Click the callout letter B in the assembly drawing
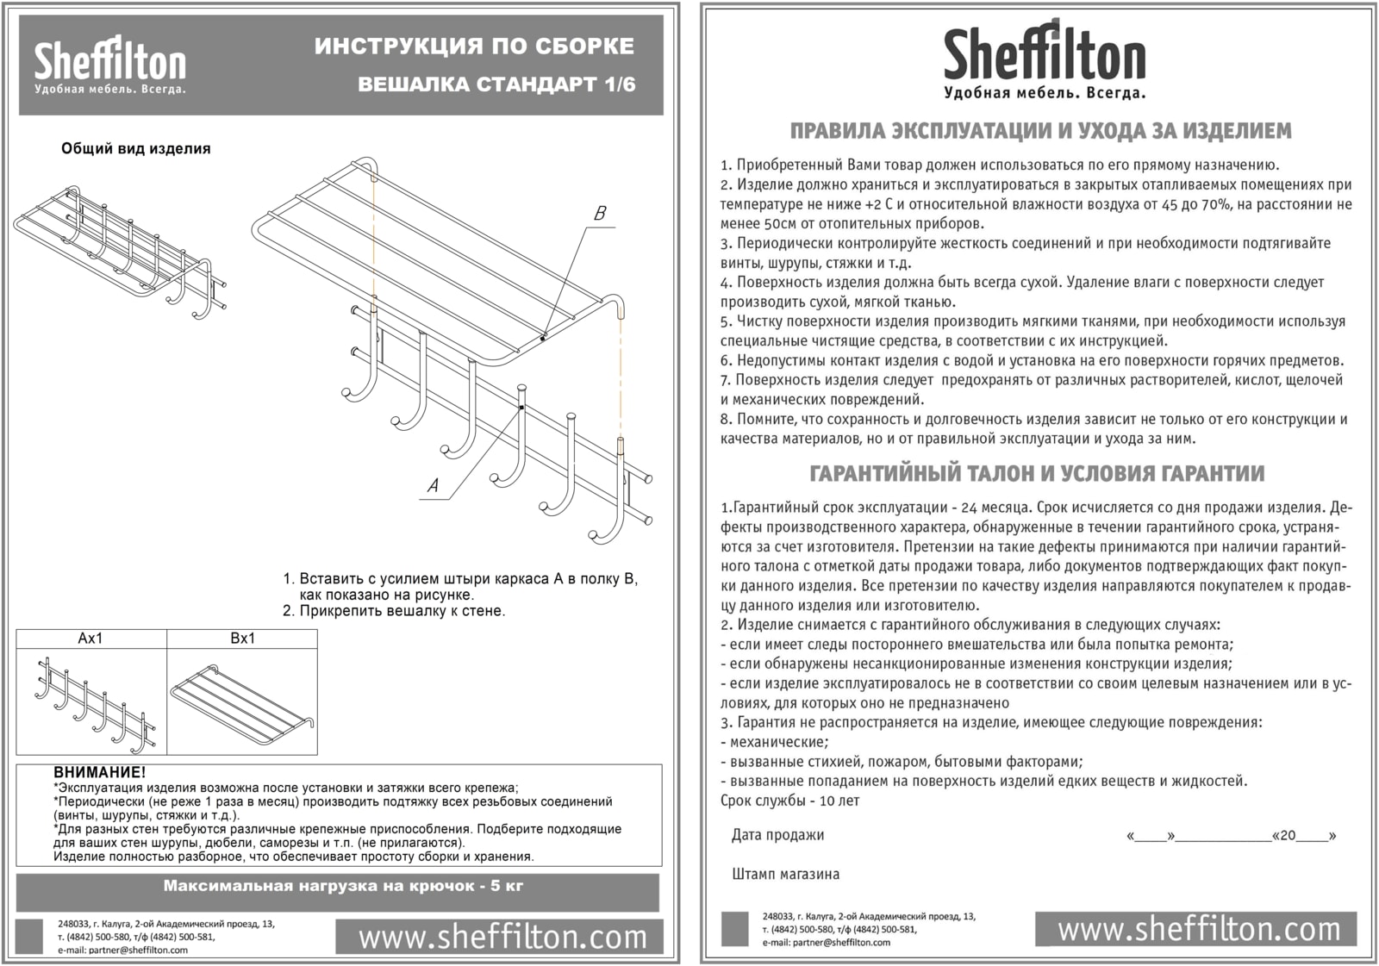(600, 214)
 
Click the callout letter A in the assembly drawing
(433, 486)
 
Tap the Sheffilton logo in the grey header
(109, 66)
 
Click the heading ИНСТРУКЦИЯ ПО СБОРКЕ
(474, 47)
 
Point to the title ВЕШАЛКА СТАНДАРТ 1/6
(496, 84)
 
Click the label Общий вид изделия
(135, 149)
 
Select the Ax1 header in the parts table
(90, 639)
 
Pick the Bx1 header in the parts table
(242, 639)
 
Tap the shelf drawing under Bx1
(242, 702)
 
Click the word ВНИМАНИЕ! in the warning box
(100, 773)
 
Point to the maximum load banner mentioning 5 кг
(343, 886)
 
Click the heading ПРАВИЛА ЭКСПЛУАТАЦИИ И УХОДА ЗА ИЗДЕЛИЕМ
(1040, 131)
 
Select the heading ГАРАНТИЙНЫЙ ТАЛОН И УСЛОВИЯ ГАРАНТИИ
(1038, 473)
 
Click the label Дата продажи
(777, 835)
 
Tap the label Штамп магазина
(785, 874)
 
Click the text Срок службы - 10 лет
(789, 801)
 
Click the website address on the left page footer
(502, 937)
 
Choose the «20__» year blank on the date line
(1304, 836)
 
